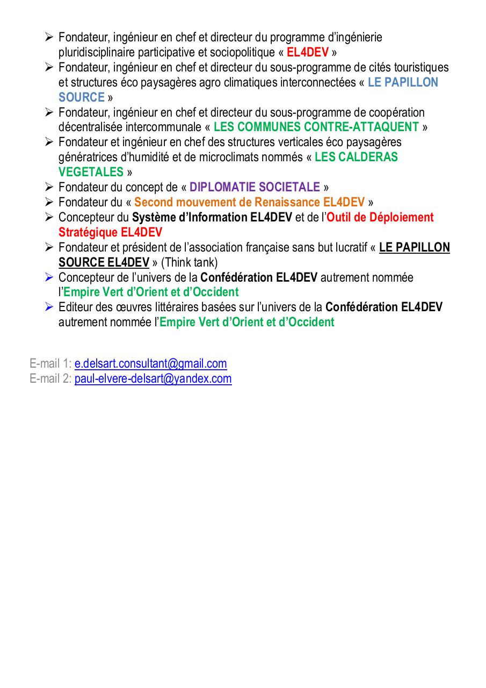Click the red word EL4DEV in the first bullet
pos(308,53)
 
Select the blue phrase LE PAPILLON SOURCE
pos(403,83)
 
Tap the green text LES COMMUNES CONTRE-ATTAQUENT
pos(316,127)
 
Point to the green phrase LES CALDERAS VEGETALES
pos(356,157)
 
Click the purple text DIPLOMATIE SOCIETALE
pos(255,188)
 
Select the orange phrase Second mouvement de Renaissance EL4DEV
pos(249,203)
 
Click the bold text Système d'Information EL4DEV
pos(212,218)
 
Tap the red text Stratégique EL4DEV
pos(110,233)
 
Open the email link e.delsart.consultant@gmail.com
pos(150,364)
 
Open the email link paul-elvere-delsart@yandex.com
pos(153,379)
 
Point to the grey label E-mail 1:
pos(50,364)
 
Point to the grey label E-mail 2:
pos(50,379)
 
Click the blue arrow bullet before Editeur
pos(49,307)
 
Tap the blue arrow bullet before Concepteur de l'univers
pos(49,277)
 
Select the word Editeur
pos(76,307)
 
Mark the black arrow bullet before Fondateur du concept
pos(49,187)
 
